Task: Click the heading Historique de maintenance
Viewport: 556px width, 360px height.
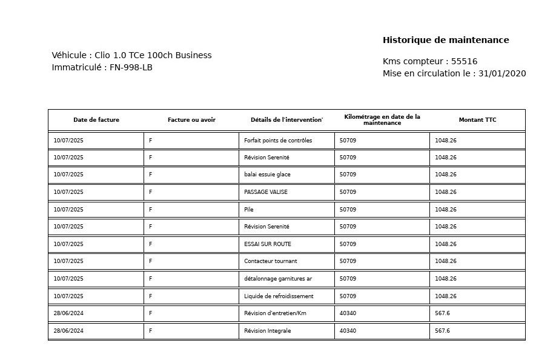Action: tap(446, 41)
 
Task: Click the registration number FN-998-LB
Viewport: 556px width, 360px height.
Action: tap(131, 68)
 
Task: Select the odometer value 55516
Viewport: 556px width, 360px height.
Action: tap(465, 62)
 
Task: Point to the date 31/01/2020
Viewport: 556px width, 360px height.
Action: tap(502, 74)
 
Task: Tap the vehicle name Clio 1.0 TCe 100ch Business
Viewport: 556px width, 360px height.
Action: tap(153, 56)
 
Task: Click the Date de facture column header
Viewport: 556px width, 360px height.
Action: tap(96, 120)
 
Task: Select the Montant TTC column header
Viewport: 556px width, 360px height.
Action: tap(477, 120)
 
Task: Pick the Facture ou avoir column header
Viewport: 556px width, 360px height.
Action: tap(191, 120)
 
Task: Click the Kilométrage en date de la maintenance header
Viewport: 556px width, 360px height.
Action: tap(382, 120)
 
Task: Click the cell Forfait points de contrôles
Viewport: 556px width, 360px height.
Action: tap(278, 141)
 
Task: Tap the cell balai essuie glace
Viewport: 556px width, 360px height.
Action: tap(267, 175)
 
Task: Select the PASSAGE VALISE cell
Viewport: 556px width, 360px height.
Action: tap(266, 192)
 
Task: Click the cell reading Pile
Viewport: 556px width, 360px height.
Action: tap(249, 210)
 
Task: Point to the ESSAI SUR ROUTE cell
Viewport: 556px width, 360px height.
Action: tap(268, 244)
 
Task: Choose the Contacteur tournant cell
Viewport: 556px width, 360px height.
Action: tap(271, 261)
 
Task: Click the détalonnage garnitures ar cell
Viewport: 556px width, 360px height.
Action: tap(278, 279)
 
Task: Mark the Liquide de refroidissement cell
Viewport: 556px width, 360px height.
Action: tap(279, 296)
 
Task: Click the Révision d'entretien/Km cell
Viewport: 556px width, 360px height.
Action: tap(275, 313)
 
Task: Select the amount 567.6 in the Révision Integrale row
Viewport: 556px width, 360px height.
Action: tap(442, 331)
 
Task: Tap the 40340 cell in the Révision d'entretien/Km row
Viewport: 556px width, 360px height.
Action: tap(348, 313)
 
